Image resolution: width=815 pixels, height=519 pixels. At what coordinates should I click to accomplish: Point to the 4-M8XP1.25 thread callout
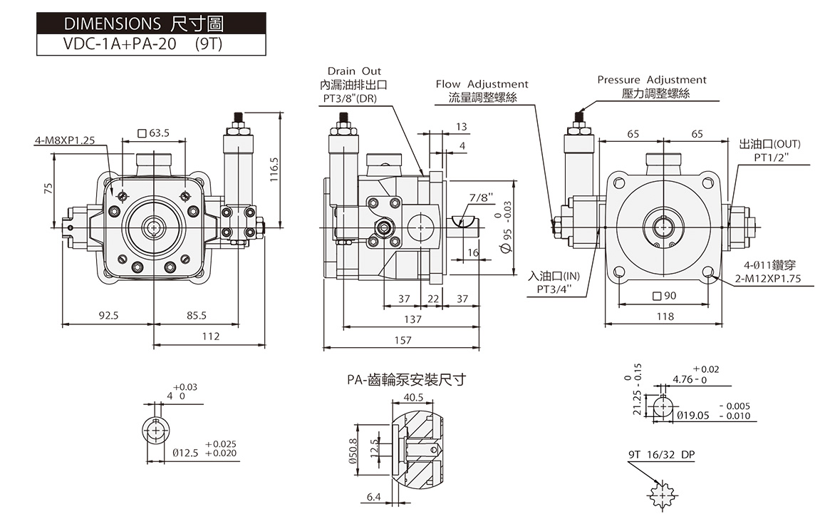(x=65, y=140)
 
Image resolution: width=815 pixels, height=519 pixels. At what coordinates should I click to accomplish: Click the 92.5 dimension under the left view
(x=108, y=315)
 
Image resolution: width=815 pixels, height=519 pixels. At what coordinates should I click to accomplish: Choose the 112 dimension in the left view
(x=210, y=336)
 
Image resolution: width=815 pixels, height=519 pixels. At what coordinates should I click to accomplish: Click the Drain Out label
(x=354, y=71)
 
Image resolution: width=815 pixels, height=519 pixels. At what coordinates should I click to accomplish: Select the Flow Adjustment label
(x=482, y=84)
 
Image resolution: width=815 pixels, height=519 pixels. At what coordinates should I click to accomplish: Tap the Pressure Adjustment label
(x=652, y=80)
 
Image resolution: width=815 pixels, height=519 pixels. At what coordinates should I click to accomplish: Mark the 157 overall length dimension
(x=403, y=341)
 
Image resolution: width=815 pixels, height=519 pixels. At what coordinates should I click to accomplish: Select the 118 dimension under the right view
(x=665, y=317)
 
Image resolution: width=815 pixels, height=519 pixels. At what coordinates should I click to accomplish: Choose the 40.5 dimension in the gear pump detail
(x=413, y=397)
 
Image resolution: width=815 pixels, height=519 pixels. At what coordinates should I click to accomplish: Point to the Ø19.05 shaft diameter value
(x=693, y=415)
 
